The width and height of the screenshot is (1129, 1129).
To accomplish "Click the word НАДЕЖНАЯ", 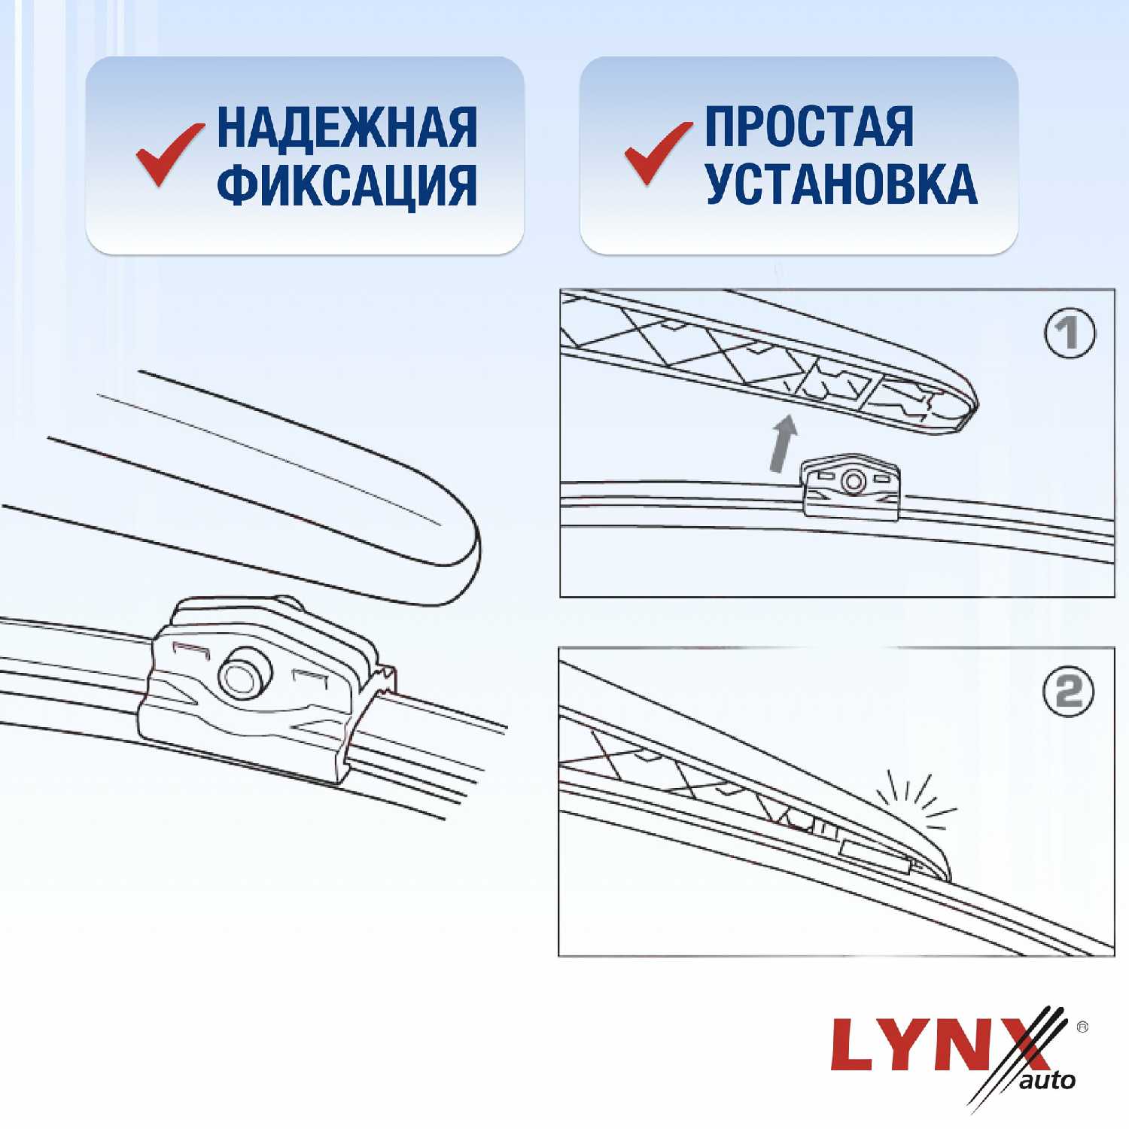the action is click(347, 127).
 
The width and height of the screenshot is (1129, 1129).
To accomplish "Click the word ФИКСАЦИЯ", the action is click(347, 185).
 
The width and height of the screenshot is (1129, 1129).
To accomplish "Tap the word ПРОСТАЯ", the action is click(809, 127).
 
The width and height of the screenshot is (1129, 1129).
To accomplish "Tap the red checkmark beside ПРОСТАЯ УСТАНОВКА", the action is click(656, 153).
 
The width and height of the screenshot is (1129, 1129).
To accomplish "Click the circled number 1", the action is click(1070, 333).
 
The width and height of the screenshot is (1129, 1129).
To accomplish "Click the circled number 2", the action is click(1069, 692).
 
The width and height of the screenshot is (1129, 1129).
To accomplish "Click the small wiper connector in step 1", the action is click(851, 485).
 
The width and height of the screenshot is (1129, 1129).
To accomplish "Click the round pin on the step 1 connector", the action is click(853, 480).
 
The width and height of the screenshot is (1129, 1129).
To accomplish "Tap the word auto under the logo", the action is click(1048, 1081).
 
